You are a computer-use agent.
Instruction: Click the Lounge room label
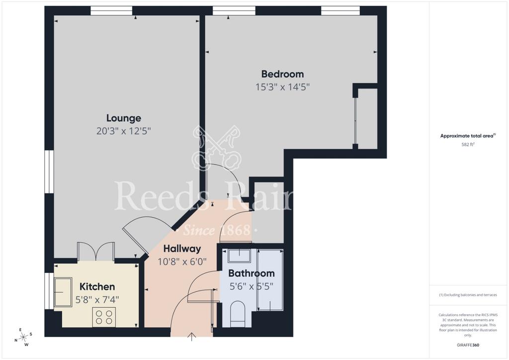coord(124,118)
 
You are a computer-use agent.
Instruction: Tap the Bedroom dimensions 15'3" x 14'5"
coord(282,87)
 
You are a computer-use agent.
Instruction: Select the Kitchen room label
coord(97,286)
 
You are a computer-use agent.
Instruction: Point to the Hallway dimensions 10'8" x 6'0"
coord(182,262)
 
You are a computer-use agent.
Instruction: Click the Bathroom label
coord(252,273)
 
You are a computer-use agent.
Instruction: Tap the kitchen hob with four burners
coord(104,317)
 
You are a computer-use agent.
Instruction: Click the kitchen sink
coord(63,292)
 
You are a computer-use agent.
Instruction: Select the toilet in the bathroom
coord(238,314)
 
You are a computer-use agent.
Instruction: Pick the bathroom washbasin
coord(239,256)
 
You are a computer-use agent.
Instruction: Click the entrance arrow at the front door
coord(192,337)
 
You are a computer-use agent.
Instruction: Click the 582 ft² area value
coord(468,145)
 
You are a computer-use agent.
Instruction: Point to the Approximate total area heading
coord(468,136)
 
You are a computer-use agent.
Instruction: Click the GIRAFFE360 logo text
coord(468,345)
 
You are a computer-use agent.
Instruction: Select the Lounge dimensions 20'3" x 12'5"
coord(124,131)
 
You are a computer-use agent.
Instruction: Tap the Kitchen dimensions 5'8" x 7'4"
coord(97,300)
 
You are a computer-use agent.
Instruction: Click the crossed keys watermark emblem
coord(217,148)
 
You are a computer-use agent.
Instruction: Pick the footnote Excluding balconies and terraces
coord(468,295)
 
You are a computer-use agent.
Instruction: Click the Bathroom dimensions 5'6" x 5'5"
coord(252,286)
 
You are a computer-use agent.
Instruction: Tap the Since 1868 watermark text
coord(217,231)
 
